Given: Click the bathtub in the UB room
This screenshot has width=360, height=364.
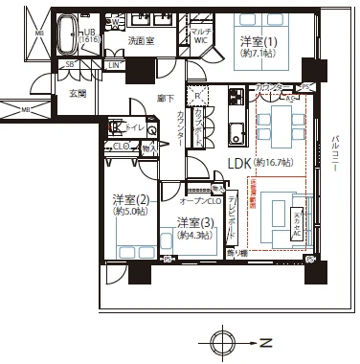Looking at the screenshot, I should point(67,34).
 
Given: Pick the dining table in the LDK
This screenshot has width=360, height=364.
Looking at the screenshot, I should point(279,123).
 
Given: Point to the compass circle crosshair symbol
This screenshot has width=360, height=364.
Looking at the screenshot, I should point(222,342).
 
